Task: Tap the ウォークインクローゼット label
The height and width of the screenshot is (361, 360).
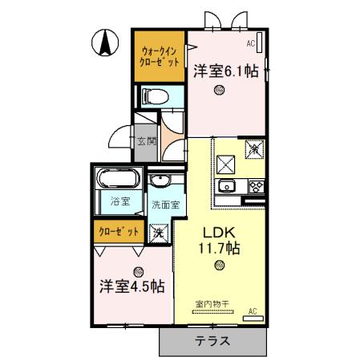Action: click(159, 54)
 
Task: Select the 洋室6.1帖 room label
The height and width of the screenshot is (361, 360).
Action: click(225, 71)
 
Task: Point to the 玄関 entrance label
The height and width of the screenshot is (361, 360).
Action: click(145, 143)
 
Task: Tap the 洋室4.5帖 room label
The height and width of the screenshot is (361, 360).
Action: click(133, 286)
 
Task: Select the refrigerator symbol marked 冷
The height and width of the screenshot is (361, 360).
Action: click(253, 148)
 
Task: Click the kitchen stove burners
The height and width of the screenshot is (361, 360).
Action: click(257, 186)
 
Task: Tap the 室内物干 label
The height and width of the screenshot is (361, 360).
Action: click(212, 303)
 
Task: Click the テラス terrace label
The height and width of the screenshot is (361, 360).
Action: click(212, 341)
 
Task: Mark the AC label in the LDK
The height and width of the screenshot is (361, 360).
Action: click(252, 310)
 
